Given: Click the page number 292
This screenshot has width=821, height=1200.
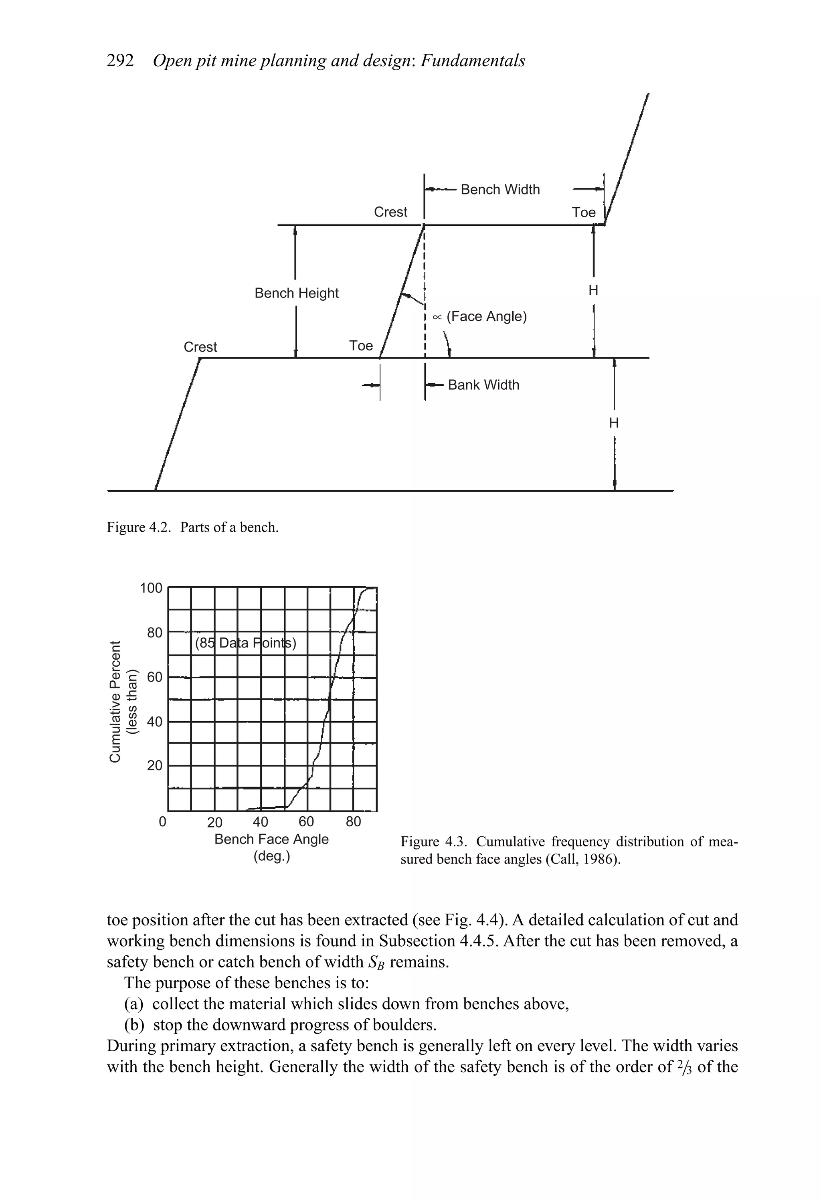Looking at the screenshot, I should [120, 61].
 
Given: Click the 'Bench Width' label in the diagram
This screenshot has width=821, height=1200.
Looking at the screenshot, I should [499, 190].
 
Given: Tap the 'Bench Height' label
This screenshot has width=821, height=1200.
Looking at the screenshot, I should [296, 293].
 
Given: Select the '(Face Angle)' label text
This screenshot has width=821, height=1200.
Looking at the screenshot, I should [486, 316].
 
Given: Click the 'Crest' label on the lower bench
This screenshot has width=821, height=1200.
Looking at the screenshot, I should [200, 347].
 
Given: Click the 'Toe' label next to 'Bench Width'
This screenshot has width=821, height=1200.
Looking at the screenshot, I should [583, 213].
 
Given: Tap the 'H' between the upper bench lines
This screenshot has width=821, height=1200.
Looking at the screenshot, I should [593, 291].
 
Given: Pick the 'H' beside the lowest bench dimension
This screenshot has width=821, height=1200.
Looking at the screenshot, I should [613, 423].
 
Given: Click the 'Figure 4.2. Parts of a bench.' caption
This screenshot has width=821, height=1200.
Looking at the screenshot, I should [192, 527].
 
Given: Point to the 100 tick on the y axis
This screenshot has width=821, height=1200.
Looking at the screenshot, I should [151, 588].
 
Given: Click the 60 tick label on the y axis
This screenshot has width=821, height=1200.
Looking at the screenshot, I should [154, 677].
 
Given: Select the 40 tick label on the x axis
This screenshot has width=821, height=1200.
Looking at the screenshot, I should [260, 822].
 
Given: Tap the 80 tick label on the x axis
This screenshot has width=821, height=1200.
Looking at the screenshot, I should [353, 822].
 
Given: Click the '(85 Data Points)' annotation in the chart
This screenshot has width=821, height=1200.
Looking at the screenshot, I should [245, 644].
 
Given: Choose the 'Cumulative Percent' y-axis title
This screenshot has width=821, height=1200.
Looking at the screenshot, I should [115, 701].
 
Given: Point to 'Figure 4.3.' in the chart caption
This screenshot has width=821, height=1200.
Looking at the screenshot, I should [434, 842].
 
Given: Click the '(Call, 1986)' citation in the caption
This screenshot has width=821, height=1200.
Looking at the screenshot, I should [582, 860].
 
